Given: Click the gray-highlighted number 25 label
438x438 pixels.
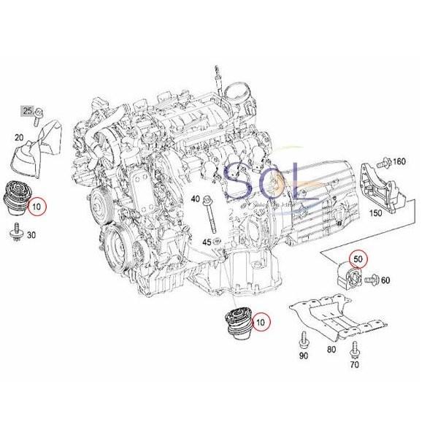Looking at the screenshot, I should tap(28, 111).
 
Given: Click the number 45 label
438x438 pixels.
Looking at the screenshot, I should tap(207, 242).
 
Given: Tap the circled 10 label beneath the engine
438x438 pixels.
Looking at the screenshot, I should tap(259, 319).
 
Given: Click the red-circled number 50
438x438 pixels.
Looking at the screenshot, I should tap(358, 259).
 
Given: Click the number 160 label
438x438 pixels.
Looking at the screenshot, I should tap(399, 161).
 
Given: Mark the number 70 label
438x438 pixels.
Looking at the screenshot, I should tap(356, 364).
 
